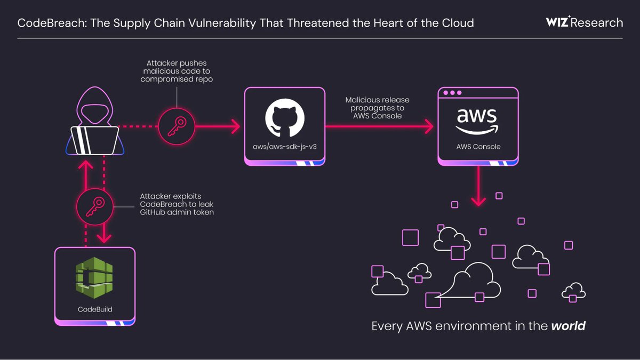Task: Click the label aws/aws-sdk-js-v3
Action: pos(285,146)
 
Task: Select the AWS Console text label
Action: pos(478,146)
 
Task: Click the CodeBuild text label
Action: pos(95,309)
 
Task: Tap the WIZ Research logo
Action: pos(585,22)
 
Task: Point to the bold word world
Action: pos(568,326)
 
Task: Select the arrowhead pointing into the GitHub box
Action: pos(235,127)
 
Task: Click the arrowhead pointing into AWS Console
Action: pos(428,127)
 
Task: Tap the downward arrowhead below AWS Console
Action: pos(478,202)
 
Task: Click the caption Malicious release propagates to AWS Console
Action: pos(377,108)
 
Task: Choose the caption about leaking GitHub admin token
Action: pos(176,204)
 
